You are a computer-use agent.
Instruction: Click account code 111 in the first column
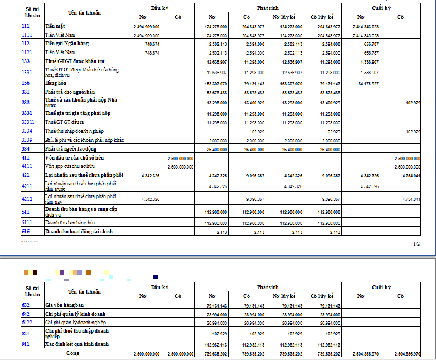point(26,26)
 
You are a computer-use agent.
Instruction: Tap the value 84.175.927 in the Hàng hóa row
point(366,83)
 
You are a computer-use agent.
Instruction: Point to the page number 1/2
point(416,243)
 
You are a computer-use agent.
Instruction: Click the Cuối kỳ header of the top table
point(381,8)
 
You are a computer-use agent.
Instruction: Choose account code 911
point(26,344)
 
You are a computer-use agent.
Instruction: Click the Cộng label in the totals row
point(72,353)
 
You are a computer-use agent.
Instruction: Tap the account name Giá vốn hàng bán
point(64,305)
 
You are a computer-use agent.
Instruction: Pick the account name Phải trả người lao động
point(71,149)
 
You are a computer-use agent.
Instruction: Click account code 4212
point(27,199)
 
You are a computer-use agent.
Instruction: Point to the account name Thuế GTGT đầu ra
point(64,122)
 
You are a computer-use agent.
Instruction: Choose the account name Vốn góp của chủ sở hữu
point(70,166)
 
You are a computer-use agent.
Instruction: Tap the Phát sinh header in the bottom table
point(268,287)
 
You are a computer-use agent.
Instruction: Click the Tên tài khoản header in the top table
point(85,12)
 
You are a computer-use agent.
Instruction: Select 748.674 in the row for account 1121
point(152,52)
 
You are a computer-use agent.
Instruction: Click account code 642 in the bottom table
point(26,314)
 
